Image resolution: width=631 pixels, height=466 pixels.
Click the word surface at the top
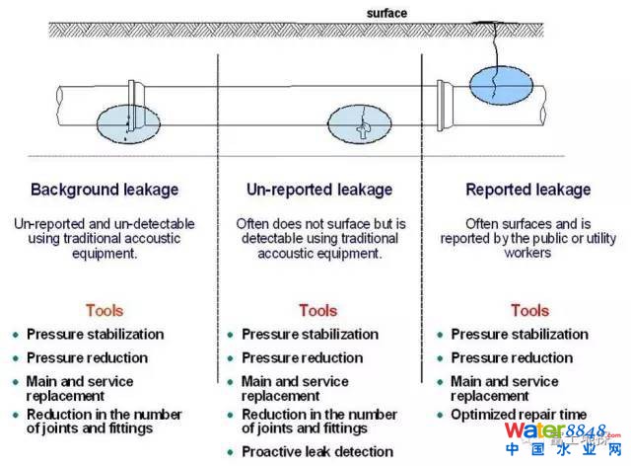[x=386, y=13]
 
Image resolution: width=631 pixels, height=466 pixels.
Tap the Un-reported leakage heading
[x=319, y=190]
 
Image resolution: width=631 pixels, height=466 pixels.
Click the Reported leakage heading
[x=527, y=190]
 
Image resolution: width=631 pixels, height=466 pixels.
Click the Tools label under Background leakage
[x=105, y=310]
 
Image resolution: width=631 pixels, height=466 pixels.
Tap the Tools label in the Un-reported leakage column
[x=317, y=310]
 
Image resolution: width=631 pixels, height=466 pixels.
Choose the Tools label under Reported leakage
[x=529, y=310]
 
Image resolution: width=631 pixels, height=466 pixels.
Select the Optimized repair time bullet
[x=519, y=414]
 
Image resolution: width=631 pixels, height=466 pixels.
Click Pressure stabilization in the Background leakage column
[x=95, y=335]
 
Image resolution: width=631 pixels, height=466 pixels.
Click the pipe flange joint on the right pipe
[x=443, y=104]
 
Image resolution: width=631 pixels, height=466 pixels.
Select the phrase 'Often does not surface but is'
[x=319, y=223]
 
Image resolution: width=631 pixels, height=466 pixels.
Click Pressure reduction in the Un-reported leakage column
[x=302, y=357]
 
